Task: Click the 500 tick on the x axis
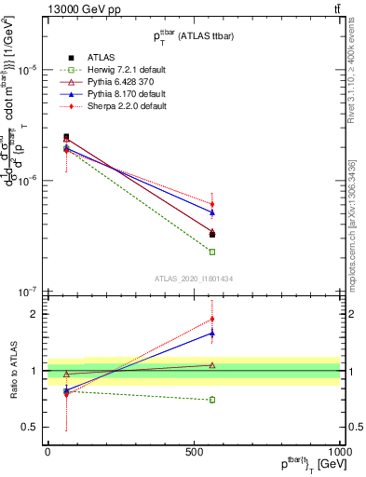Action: coord(193,452)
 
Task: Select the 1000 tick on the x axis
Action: coord(340,452)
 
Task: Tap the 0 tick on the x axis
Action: coord(47,452)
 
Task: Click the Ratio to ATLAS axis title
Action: coord(13,370)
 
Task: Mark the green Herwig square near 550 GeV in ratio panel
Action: coord(212,400)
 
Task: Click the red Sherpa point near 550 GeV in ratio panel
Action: coord(212,320)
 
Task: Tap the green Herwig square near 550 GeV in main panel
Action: coord(212,252)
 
